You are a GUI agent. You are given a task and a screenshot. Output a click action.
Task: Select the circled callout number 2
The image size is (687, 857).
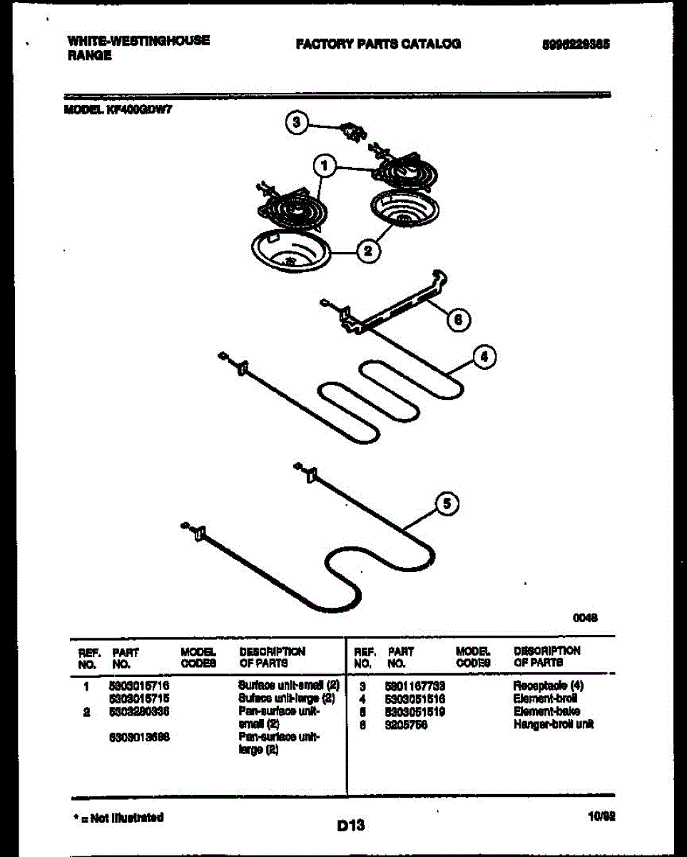click(x=368, y=251)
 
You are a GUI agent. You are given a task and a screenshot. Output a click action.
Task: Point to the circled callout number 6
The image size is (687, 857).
click(x=458, y=320)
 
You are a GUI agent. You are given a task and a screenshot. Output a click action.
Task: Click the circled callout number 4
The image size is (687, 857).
click(x=484, y=357)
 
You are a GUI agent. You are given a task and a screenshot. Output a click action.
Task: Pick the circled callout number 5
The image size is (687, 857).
click(x=446, y=504)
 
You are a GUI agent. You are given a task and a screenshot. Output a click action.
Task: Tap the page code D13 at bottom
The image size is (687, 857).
click(x=351, y=826)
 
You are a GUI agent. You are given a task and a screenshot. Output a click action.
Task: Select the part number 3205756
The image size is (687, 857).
click(x=403, y=724)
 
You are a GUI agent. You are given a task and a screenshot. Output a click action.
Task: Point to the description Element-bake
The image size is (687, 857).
click(x=546, y=711)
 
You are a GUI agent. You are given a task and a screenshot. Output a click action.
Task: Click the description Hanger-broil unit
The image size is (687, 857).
click(x=553, y=724)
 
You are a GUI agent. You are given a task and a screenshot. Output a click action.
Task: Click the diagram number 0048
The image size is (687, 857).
click(x=585, y=620)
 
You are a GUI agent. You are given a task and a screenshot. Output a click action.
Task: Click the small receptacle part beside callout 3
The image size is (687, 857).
click(x=352, y=131)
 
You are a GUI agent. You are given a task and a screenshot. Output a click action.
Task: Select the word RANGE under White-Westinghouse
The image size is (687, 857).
click(x=91, y=55)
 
